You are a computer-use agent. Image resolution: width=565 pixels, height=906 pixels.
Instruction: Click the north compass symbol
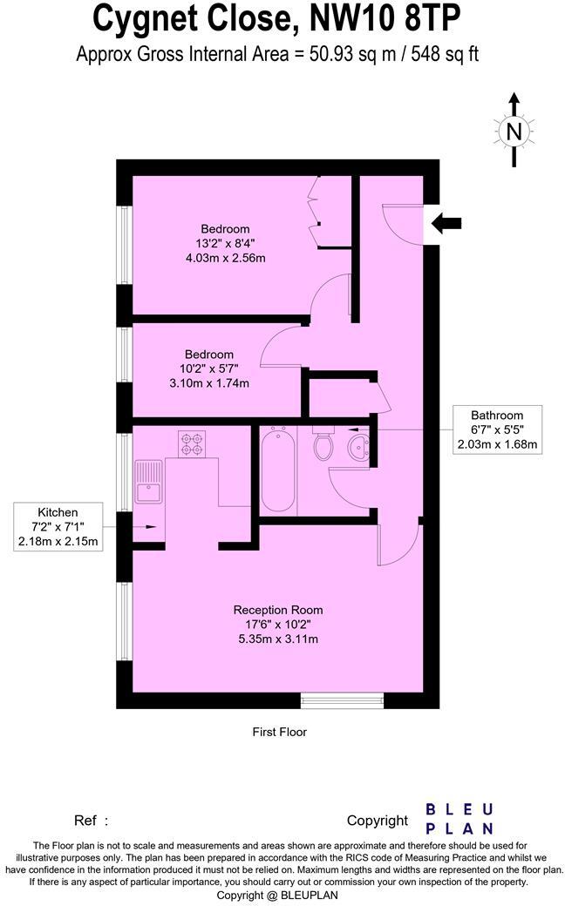[514, 131]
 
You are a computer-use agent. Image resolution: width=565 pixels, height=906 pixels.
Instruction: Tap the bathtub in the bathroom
[279, 470]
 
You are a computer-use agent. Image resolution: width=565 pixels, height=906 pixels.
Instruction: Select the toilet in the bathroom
[323, 445]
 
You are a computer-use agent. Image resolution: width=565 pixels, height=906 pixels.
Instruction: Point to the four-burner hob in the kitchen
[191, 444]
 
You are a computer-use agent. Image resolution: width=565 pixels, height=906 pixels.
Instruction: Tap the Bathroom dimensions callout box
[497, 429]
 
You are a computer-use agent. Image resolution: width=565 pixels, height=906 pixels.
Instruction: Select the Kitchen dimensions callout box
[58, 527]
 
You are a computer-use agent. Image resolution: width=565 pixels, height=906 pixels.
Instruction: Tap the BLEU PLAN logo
[459, 819]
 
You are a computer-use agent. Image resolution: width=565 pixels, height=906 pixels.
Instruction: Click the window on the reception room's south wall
[342, 700]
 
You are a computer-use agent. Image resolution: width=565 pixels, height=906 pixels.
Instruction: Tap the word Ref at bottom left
[85, 820]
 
